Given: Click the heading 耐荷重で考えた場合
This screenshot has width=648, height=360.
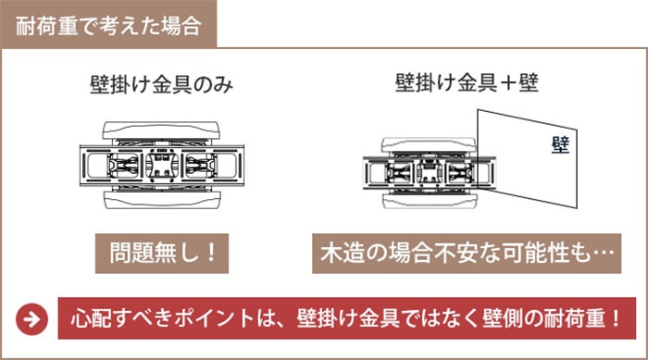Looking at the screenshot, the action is pos(108,26).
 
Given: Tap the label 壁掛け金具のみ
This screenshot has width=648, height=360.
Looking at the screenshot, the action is pos(162,85).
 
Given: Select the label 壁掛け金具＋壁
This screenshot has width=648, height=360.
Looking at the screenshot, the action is pos(467,82).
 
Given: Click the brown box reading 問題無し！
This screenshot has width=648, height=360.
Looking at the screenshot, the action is pos(162,254).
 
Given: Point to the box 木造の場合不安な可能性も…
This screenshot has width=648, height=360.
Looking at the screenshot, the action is pos(467,254).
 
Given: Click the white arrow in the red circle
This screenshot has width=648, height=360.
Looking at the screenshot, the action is pos(31,319).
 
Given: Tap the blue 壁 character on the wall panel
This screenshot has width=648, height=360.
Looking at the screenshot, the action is pos(560,145).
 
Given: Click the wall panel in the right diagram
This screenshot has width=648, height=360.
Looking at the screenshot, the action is pos(527,159).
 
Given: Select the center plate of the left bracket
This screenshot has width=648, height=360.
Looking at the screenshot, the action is pos(162,166).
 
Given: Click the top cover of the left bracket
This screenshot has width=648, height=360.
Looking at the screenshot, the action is pos(161,130).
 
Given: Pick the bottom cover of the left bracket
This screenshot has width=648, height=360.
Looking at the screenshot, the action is pos(161,200).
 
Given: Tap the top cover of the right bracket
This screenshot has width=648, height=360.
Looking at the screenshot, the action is pos(429,144).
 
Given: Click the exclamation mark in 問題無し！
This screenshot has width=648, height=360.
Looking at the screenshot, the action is pos(211,253).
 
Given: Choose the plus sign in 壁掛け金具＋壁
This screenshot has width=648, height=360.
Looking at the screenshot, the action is pos(508,83).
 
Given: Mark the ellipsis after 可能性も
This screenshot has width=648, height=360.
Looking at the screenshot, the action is pos(604,252).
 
